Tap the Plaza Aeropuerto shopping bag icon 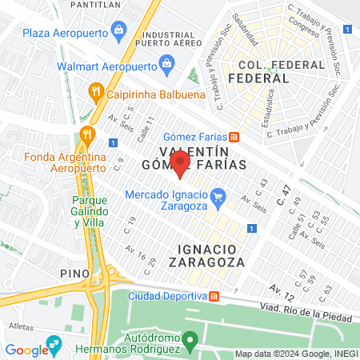click(x=119, y=32)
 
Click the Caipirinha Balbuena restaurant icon click(x=96, y=92)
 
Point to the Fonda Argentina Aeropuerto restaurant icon click(x=87, y=134)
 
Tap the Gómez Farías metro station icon click(x=234, y=135)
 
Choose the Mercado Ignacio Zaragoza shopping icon click(x=238, y=194)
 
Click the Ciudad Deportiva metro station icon click(x=214, y=295)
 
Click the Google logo click(x=26, y=349)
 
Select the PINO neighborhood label click(x=74, y=273)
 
